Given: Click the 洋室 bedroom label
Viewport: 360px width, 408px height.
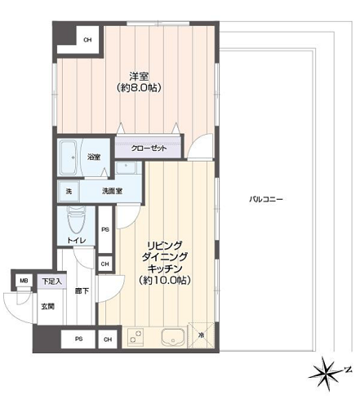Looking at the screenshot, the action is click(139, 77).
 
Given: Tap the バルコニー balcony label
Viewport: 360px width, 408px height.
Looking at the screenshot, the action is click(266, 199).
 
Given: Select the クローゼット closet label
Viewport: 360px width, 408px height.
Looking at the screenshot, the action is click(149, 149).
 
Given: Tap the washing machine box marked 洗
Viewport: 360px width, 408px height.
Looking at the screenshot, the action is click(69, 191).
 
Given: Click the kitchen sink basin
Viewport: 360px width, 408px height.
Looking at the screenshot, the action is click(172, 337).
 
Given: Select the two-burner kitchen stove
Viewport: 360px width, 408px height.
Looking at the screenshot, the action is click(136, 336).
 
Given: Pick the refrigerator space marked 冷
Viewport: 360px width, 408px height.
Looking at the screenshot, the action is click(201, 335).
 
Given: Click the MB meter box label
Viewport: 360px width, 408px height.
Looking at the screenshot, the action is click(24, 281).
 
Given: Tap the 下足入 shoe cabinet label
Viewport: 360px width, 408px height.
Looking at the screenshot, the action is click(51, 282).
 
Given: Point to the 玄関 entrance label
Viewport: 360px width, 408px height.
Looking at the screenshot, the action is click(48, 307).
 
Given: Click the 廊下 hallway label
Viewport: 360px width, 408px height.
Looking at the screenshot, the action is click(82, 291).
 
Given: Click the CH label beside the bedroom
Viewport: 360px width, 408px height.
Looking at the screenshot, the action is click(87, 40).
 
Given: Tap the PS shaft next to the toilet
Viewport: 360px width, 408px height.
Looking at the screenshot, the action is click(105, 229).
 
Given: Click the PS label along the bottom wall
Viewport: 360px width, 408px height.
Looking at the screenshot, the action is click(78, 339).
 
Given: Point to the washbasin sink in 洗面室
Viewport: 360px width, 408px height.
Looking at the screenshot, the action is click(126, 167).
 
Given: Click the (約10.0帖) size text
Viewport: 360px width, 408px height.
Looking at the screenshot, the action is click(164, 280).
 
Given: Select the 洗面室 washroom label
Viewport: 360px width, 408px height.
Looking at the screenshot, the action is click(112, 191).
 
